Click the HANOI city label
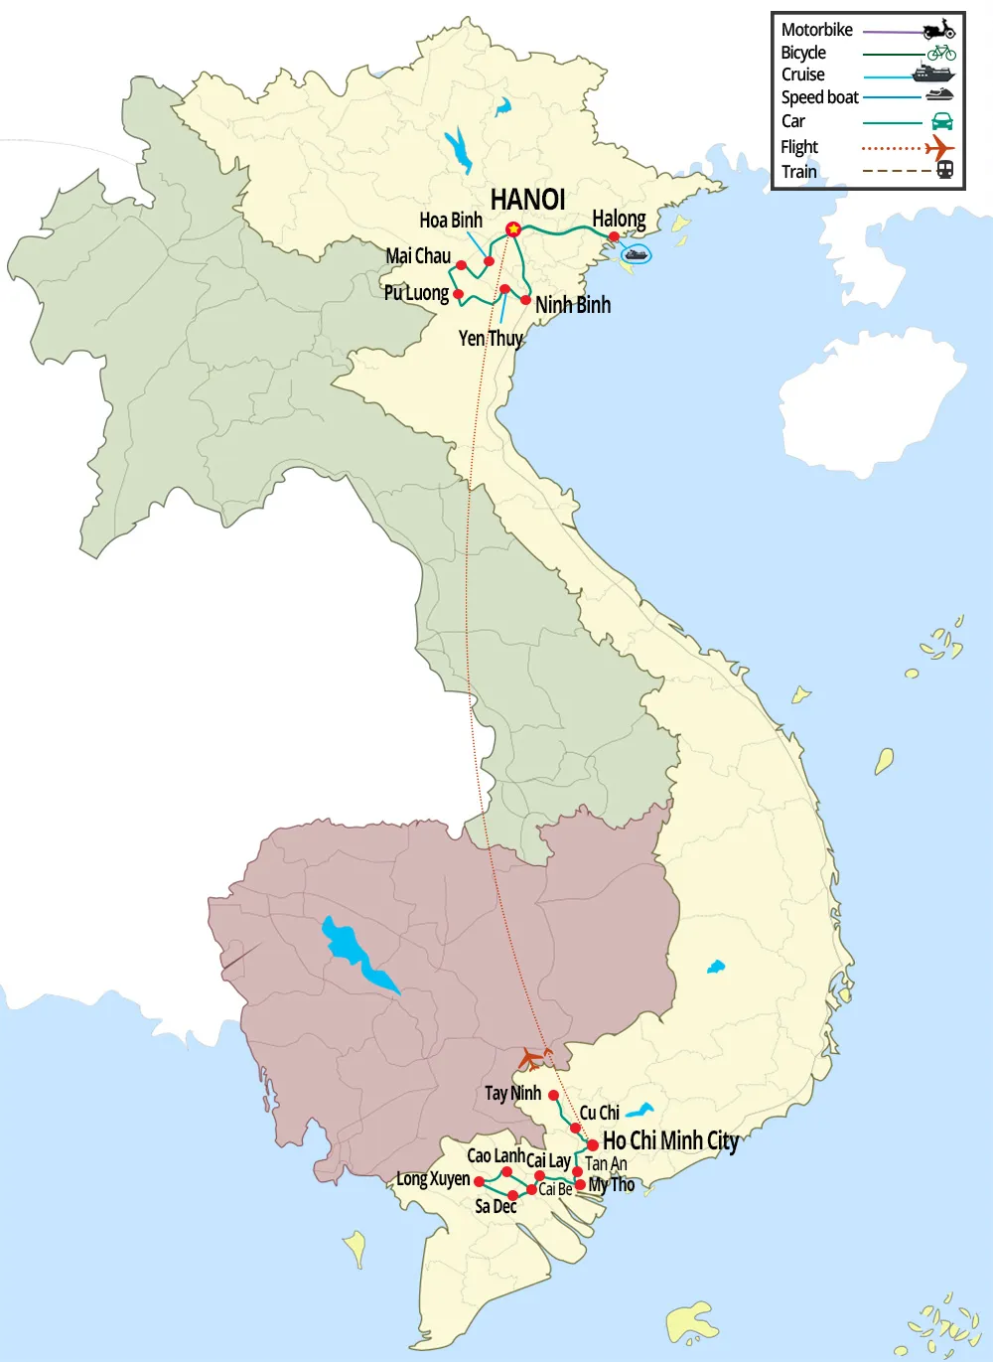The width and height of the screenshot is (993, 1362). point(527,200)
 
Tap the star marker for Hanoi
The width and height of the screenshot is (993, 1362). point(513,229)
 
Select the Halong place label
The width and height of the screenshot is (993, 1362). point(619,219)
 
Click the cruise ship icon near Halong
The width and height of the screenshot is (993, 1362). point(636,254)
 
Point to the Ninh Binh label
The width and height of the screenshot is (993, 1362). point(573,305)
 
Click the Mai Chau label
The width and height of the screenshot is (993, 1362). point(418,256)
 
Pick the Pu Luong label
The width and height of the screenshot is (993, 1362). point(416,293)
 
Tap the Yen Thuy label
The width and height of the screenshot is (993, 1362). point(491,339)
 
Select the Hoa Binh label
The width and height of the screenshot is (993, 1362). point(451,221)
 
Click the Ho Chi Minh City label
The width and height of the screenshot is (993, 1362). point(670,1140)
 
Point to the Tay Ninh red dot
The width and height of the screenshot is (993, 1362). point(553,1095)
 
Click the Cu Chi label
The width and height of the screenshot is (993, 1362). point(600,1113)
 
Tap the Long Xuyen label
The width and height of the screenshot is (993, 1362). point(433,1179)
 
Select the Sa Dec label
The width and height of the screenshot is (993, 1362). point(496,1206)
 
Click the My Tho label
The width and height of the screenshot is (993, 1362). point(612,1184)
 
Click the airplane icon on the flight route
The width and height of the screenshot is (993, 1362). point(535,1058)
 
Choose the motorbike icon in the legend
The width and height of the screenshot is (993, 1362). point(938,30)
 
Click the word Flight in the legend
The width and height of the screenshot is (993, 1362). point(799,147)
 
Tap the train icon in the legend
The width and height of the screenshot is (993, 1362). point(945,170)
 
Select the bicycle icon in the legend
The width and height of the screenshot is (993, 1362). point(940,53)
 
